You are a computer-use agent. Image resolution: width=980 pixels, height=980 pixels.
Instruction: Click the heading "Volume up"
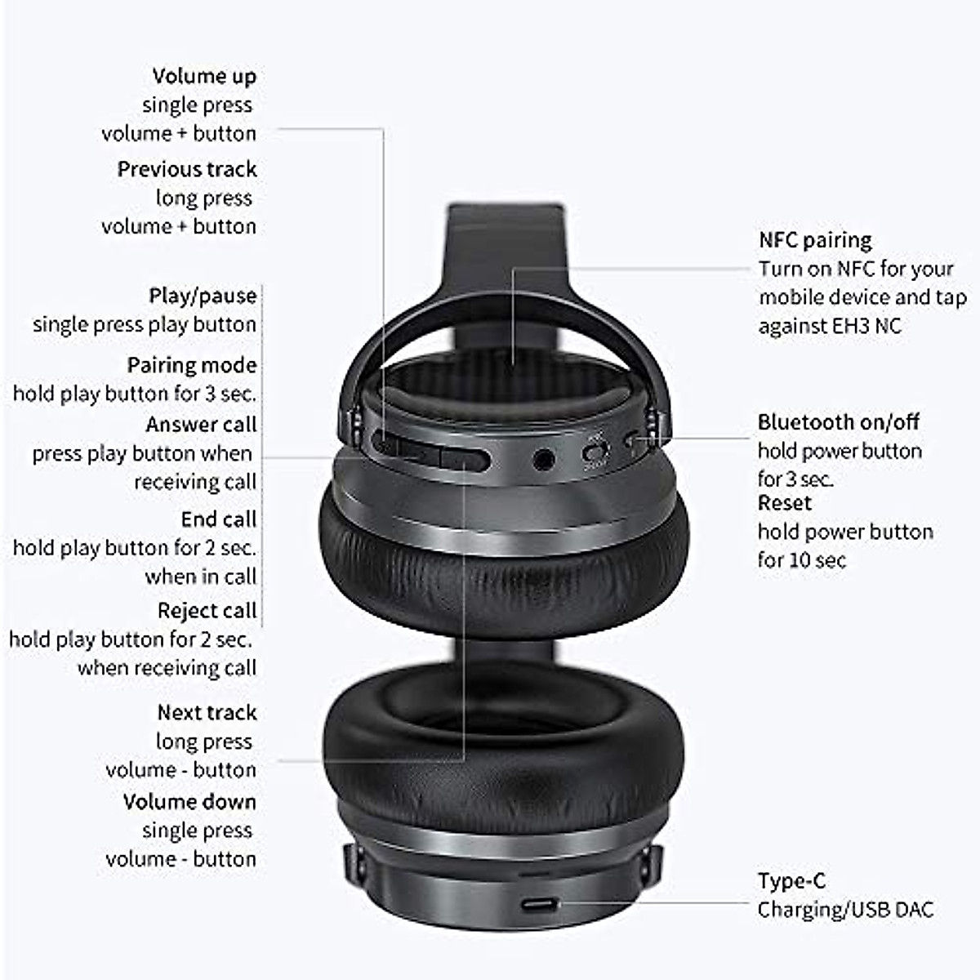pos(204,76)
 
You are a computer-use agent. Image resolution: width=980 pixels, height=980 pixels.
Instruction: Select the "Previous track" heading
pos(187,169)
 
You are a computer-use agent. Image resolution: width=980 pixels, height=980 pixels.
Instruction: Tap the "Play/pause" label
pos(203,296)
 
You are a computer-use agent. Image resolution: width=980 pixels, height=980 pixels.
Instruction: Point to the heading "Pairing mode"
pos(192,365)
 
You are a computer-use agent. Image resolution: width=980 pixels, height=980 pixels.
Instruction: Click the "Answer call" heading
pos(201,425)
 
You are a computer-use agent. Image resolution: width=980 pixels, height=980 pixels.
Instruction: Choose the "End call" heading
pos(219,519)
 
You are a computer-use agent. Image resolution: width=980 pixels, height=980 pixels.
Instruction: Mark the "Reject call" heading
pos(207,611)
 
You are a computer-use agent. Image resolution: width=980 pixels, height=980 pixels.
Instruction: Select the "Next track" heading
pos(207,713)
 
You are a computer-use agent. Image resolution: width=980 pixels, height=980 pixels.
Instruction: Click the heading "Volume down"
pos(189,802)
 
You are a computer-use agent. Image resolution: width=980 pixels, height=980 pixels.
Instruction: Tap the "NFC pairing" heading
pos(815,240)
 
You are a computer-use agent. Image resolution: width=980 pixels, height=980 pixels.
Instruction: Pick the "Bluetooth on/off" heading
pos(838,422)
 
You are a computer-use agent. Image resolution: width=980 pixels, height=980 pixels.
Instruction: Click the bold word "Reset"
pos(785,503)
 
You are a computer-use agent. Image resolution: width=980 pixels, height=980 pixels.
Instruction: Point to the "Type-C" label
pos(791,881)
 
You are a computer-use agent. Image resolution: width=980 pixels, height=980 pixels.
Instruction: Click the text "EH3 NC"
pos(866,326)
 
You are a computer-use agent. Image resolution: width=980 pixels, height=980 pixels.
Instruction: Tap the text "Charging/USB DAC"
pos(845,910)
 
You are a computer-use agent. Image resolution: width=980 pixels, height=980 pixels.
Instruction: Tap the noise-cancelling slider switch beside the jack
pos(596,452)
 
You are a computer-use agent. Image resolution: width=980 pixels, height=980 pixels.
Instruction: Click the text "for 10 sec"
pos(801,560)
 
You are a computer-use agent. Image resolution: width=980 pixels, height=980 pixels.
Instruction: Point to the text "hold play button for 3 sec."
pos(135,394)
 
